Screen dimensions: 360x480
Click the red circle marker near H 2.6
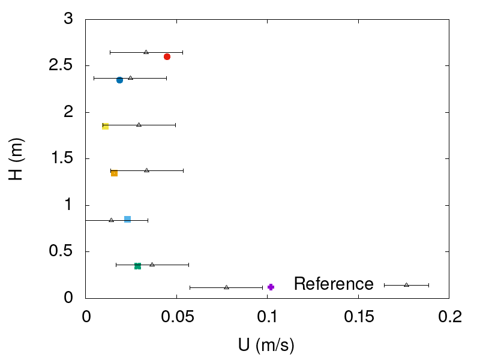pyautogui.click(x=167, y=56)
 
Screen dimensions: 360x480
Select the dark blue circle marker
pyautogui.click(x=119, y=80)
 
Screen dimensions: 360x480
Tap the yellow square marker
pyautogui.click(x=105, y=126)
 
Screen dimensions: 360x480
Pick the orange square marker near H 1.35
pyautogui.click(x=114, y=173)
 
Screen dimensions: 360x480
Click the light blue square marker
pyautogui.click(x=127, y=219)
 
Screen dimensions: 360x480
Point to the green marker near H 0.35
pyautogui.click(x=137, y=266)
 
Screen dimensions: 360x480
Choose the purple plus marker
pyautogui.click(x=271, y=287)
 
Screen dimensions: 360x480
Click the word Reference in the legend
pyautogui.click(x=334, y=284)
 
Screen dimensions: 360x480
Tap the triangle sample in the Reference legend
pyautogui.click(x=406, y=284)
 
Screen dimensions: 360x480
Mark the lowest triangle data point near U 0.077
pyautogui.click(x=226, y=287)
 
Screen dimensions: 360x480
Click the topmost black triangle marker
pyautogui.click(x=146, y=52)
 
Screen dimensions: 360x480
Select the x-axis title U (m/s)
pyautogui.click(x=267, y=345)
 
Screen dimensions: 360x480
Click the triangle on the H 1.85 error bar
pyautogui.click(x=139, y=125)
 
